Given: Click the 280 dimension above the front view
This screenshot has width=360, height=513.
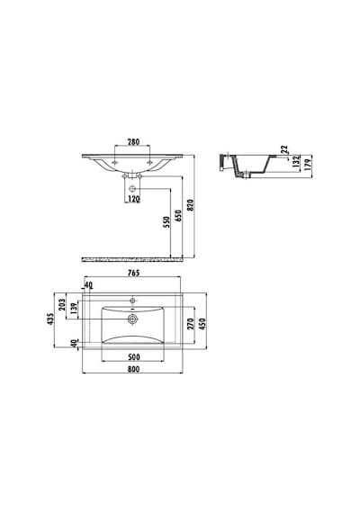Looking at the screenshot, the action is coord(133,142).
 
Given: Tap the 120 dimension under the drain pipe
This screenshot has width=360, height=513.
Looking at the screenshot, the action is coord(133,199).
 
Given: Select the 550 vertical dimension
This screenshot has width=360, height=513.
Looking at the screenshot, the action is coord(166,222).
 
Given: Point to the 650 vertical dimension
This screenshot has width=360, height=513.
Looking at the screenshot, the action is coord(178,216).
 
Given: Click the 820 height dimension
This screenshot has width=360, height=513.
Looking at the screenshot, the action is coord(191,205).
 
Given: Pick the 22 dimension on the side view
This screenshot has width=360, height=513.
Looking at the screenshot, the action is coord(284,149).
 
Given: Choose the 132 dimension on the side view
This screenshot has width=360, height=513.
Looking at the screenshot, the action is coord(296,162).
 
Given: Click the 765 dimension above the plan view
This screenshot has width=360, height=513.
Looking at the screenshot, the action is coord(133,273).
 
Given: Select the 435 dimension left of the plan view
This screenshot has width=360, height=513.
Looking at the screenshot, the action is coord(50,319).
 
